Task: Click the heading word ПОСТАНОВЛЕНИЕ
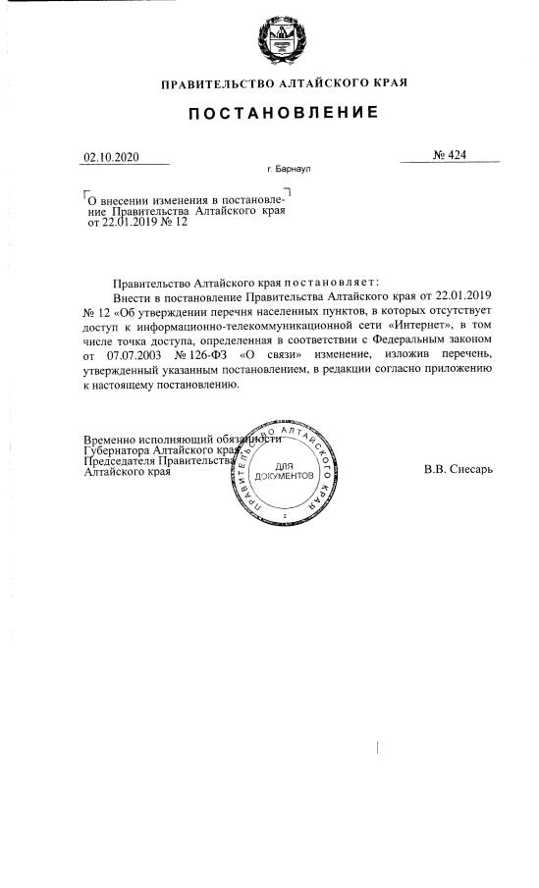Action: (x=283, y=114)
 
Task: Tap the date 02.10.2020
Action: (x=113, y=157)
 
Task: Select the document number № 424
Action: (x=449, y=156)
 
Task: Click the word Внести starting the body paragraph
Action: (x=134, y=294)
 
